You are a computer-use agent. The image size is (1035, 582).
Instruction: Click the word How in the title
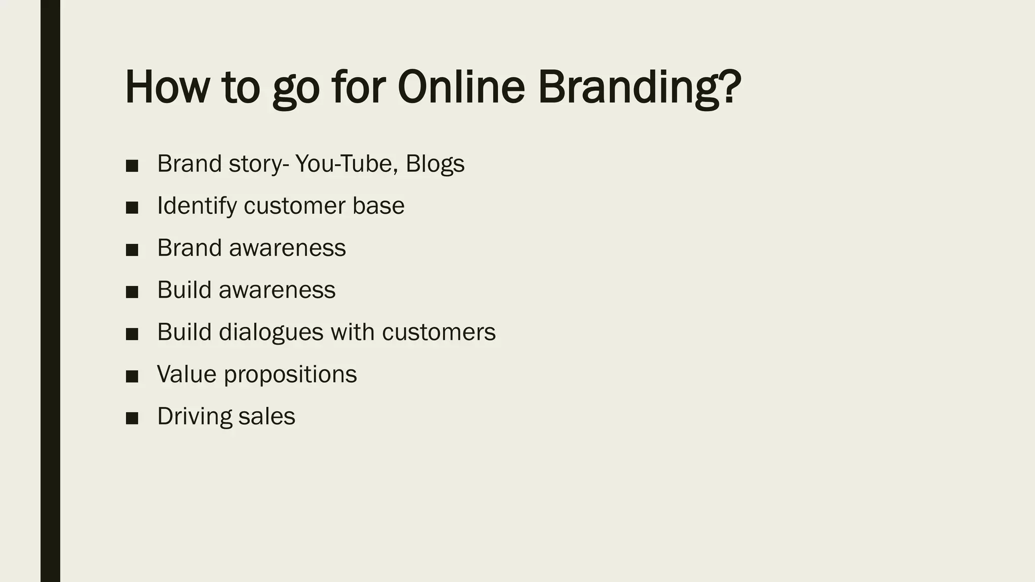167,87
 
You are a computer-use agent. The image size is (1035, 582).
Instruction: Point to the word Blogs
435,164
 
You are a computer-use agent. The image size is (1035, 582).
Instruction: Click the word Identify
197,206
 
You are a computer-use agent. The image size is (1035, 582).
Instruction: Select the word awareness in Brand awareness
287,248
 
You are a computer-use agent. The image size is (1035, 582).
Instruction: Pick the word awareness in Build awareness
277,290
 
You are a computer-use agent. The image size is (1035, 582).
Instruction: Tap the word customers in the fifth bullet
439,332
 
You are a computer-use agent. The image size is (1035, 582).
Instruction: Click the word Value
186,374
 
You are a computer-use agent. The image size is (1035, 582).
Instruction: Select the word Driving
195,417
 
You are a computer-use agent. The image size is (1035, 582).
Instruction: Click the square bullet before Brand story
132,166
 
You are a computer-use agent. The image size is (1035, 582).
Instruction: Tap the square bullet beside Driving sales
132,418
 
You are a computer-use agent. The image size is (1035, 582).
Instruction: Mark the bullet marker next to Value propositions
132,376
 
